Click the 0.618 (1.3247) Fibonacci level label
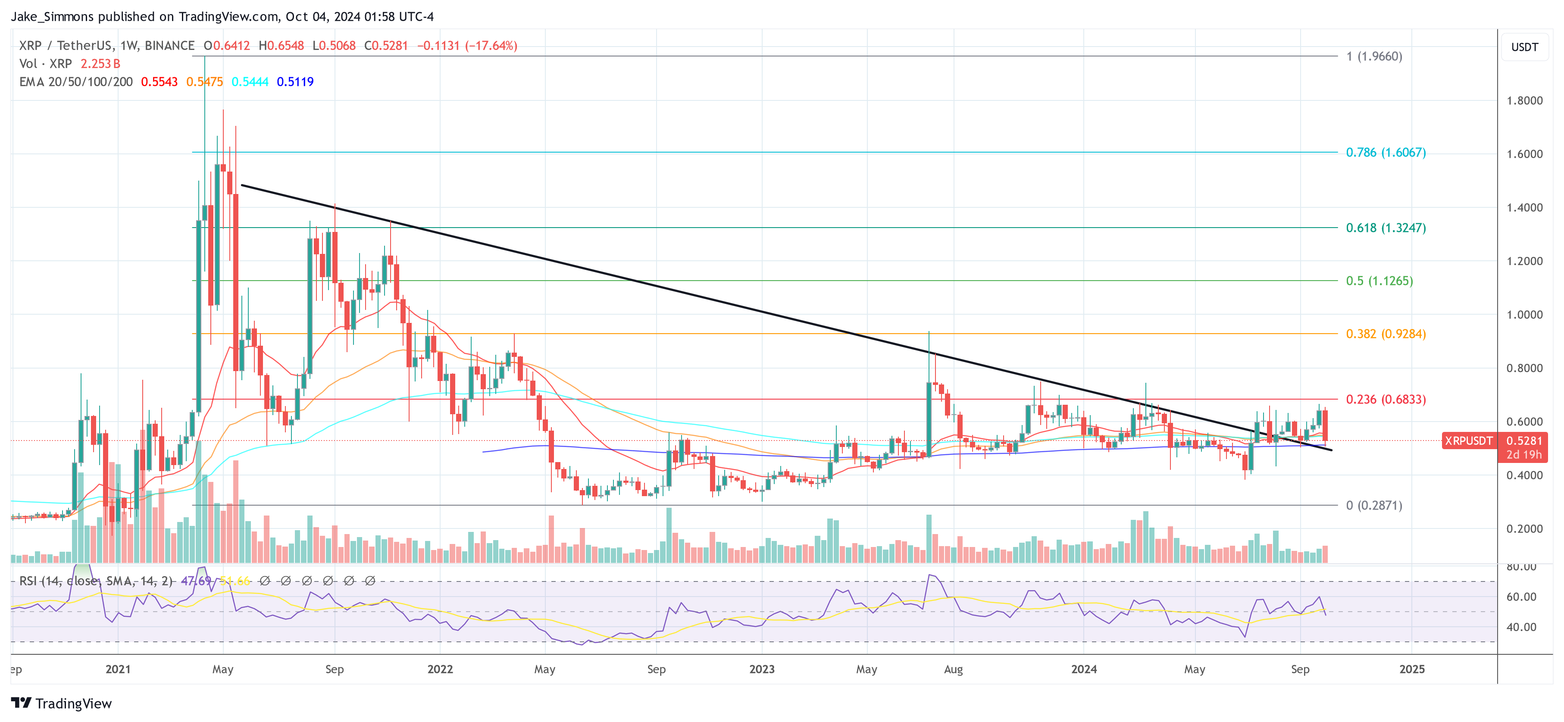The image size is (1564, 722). (1386, 228)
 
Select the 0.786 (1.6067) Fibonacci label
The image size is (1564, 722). (1386, 153)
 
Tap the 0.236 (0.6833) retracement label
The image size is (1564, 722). (1386, 399)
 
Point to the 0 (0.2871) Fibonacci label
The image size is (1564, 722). (1373, 505)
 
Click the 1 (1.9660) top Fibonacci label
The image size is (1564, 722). (1373, 56)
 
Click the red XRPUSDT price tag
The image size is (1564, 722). (1468, 441)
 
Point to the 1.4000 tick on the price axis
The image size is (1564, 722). (1524, 208)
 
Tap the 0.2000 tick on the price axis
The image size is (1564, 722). (1524, 529)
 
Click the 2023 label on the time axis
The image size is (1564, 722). (761, 669)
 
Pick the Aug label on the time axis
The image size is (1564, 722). (953, 669)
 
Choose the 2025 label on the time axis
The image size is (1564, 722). (1411, 669)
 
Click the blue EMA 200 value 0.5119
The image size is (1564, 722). (295, 82)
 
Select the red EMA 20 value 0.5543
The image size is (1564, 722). (159, 82)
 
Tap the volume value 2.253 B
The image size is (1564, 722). (100, 64)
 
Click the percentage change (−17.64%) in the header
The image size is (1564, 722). (491, 46)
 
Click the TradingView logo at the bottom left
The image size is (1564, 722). (62, 703)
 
